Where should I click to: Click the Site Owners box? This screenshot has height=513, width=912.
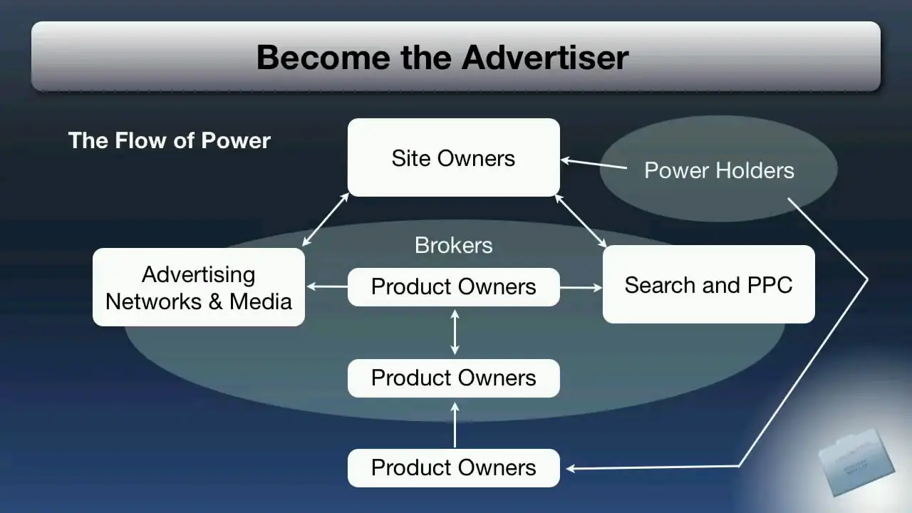(x=453, y=157)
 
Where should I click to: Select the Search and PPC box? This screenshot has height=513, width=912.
(x=708, y=285)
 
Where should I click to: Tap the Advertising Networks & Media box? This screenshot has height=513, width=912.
(x=199, y=287)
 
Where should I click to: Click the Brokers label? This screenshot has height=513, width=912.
(x=453, y=245)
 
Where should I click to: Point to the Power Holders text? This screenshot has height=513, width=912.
(x=718, y=170)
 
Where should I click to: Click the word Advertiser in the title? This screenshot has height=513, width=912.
(x=545, y=57)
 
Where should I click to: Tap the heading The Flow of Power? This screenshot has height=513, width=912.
(x=170, y=140)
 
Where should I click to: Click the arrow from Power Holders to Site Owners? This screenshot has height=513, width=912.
(x=594, y=165)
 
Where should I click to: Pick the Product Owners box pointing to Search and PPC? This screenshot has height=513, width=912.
(x=453, y=286)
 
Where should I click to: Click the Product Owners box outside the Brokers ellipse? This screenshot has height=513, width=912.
(x=453, y=467)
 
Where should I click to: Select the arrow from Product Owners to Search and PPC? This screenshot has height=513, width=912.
(x=581, y=288)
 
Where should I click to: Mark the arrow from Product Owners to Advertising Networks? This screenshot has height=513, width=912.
(x=327, y=287)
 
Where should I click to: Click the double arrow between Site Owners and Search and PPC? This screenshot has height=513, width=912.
(x=581, y=221)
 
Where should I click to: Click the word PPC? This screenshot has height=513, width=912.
(x=769, y=285)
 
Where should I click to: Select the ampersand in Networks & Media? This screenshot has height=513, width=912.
(x=215, y=301)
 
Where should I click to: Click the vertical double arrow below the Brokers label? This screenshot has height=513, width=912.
(x=455, y=331)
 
